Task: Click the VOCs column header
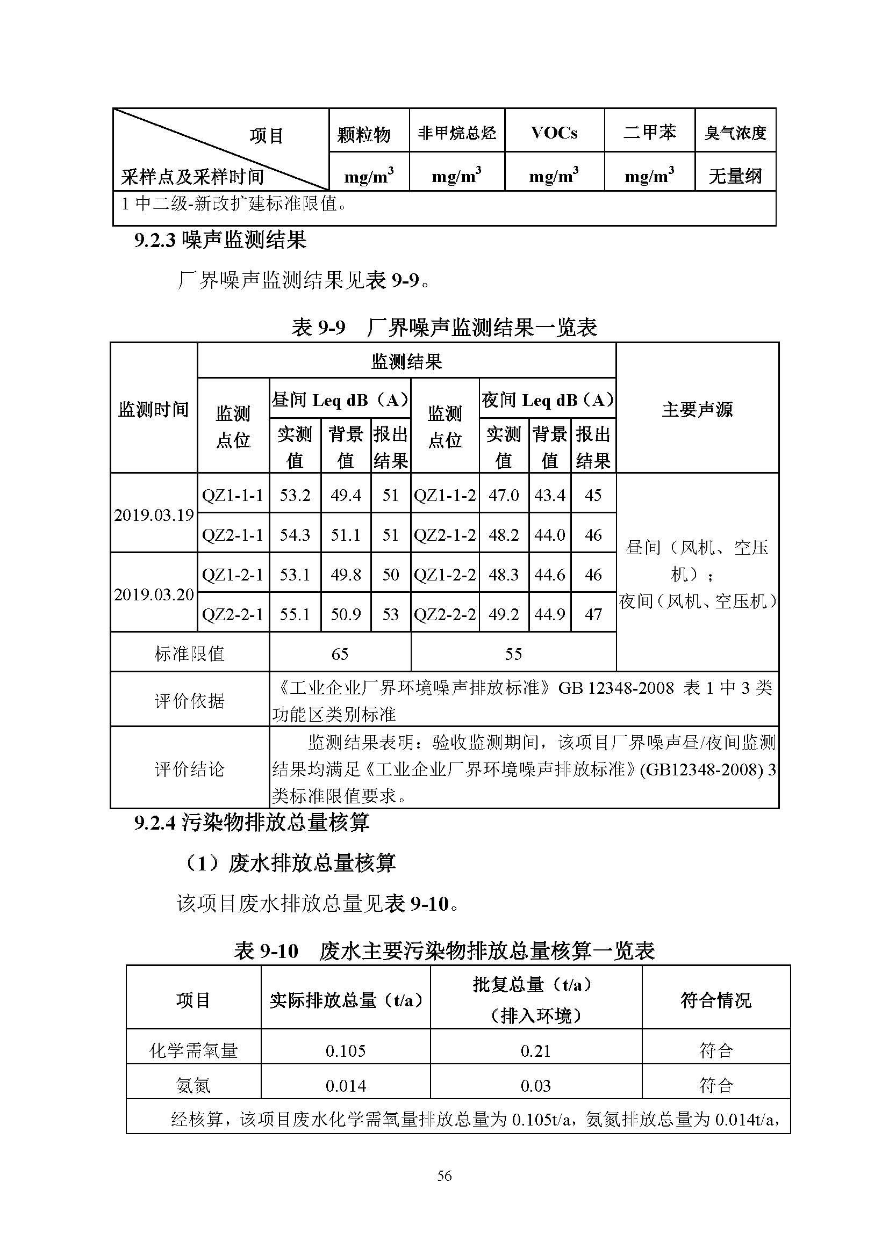(x=554, y=133)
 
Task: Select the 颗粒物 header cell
(x=363, y=134)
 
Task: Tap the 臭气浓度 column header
(x=735, y=133)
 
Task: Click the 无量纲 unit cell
(x=735, y=176)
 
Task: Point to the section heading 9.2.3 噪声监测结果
(x=220, y=240)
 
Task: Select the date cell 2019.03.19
(x=154, y=515)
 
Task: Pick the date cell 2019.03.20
(x=154, y=594)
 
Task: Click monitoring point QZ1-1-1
(x=233, y=495)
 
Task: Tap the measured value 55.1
(x=295, y=614)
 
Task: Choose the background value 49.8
(x=346, y=575)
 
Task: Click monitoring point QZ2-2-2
(x=444, y=614)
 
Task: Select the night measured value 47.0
(x=503, y=495)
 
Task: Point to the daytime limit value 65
(x=339, y=654)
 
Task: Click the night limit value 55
(x=513, y=654)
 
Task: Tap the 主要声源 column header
(x=697, y=409)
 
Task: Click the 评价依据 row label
(x=189, y=701)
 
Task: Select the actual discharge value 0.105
(x=346, y=1050)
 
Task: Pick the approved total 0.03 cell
(x=535, y=1085)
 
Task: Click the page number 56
(x=444, y=1175)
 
